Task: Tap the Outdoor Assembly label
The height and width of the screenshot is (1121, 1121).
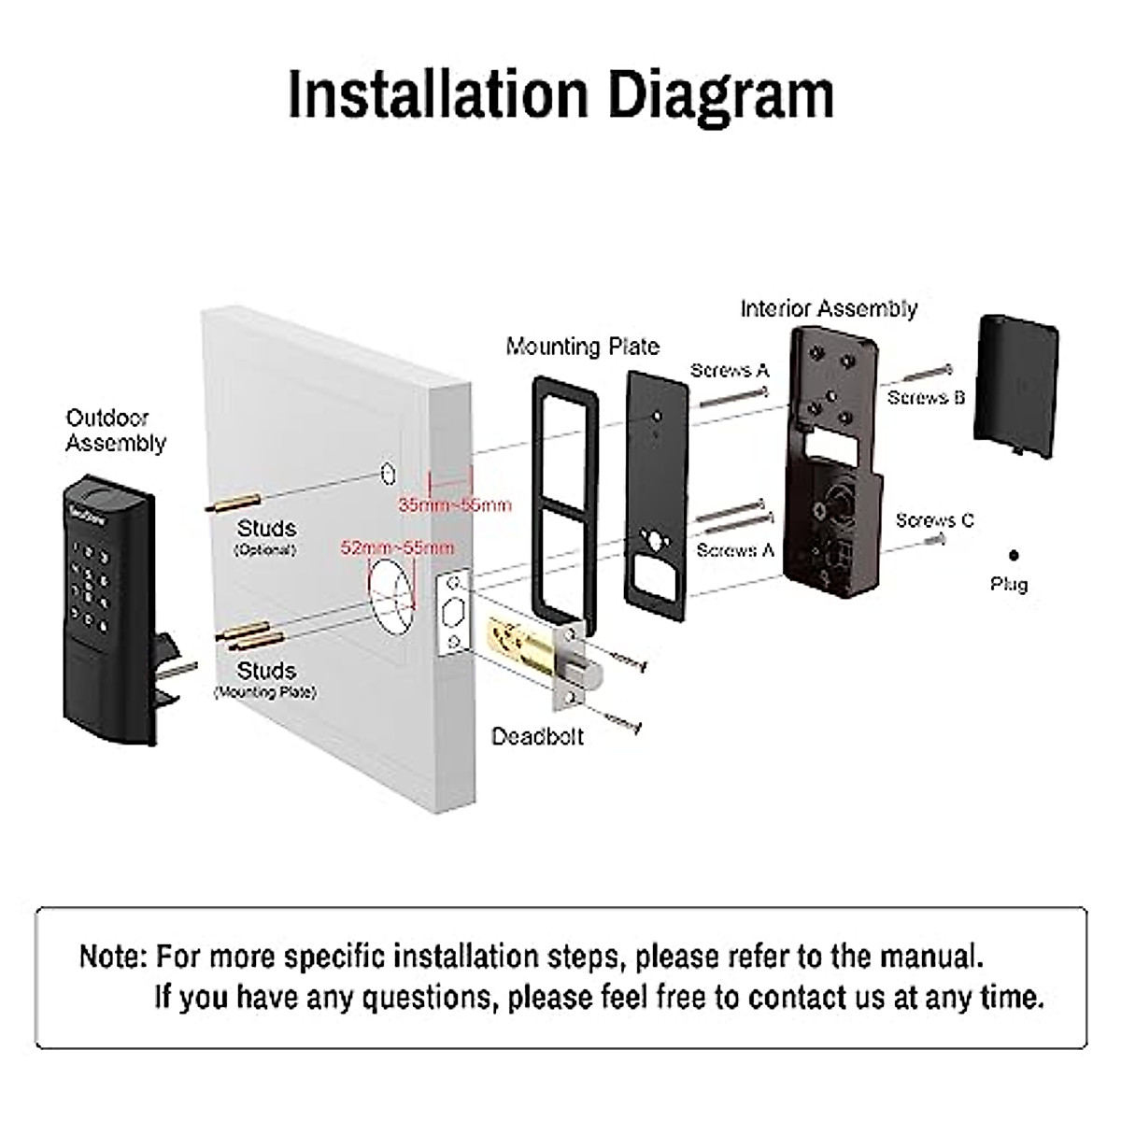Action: pos(115,431)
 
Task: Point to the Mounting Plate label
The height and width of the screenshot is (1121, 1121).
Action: pos(582,347)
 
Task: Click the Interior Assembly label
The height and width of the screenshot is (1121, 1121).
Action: pos(829,308)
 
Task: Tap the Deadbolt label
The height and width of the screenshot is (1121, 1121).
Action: pos(537,736)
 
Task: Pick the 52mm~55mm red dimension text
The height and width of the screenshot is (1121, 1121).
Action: pos(397,547)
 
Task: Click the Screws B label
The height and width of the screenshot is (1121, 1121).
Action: pos(925,397)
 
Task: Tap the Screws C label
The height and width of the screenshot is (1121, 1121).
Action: pos(934,520)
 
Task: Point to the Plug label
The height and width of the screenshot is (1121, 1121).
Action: pos(1009,585)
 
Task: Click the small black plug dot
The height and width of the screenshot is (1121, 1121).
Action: pos(1014,556)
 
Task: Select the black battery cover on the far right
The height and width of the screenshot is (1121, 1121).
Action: pos(1015,385)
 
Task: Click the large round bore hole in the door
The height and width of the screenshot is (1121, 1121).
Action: pos(390,591)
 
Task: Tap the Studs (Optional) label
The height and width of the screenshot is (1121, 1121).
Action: pos(266,537)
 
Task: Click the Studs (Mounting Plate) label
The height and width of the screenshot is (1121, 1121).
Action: pos(266,679)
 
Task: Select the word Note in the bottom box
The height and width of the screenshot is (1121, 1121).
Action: pos(112,957)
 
